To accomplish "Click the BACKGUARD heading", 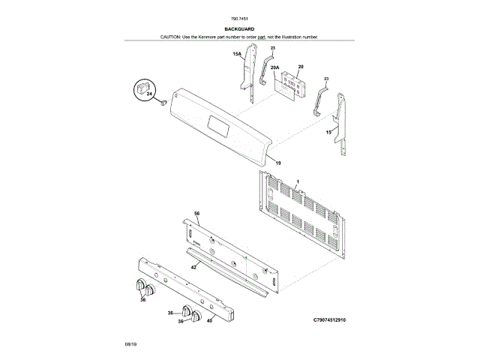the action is pyautogui.click(x=240, y=29).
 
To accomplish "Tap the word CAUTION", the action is pyautogui.click(x=171, y=37).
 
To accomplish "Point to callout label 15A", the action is pyautogui.click(x=236, y=54).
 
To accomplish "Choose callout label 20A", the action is pyautogui.click(x=275, y=67).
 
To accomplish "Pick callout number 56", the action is pyautogui.click(x=197, y=214).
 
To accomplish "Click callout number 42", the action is pyautogui.click(x=193, y=267).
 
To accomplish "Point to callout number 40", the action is pyautogui.click(x=209, y=321).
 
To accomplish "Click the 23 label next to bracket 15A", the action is pyautogui.click(x=273, y=48).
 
